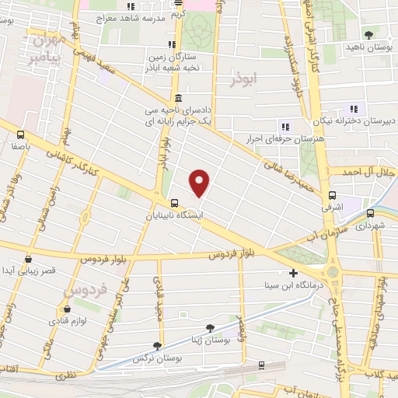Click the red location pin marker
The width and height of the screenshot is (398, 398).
(201, 183)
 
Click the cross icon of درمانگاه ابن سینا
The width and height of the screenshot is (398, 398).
(293, 273)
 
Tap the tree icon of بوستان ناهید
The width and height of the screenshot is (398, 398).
(368, 35)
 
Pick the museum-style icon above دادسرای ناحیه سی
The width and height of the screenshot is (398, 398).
(180, 98)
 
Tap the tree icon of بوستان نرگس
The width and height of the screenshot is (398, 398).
(158, 345)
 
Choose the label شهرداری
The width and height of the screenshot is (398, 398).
(372, 227)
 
